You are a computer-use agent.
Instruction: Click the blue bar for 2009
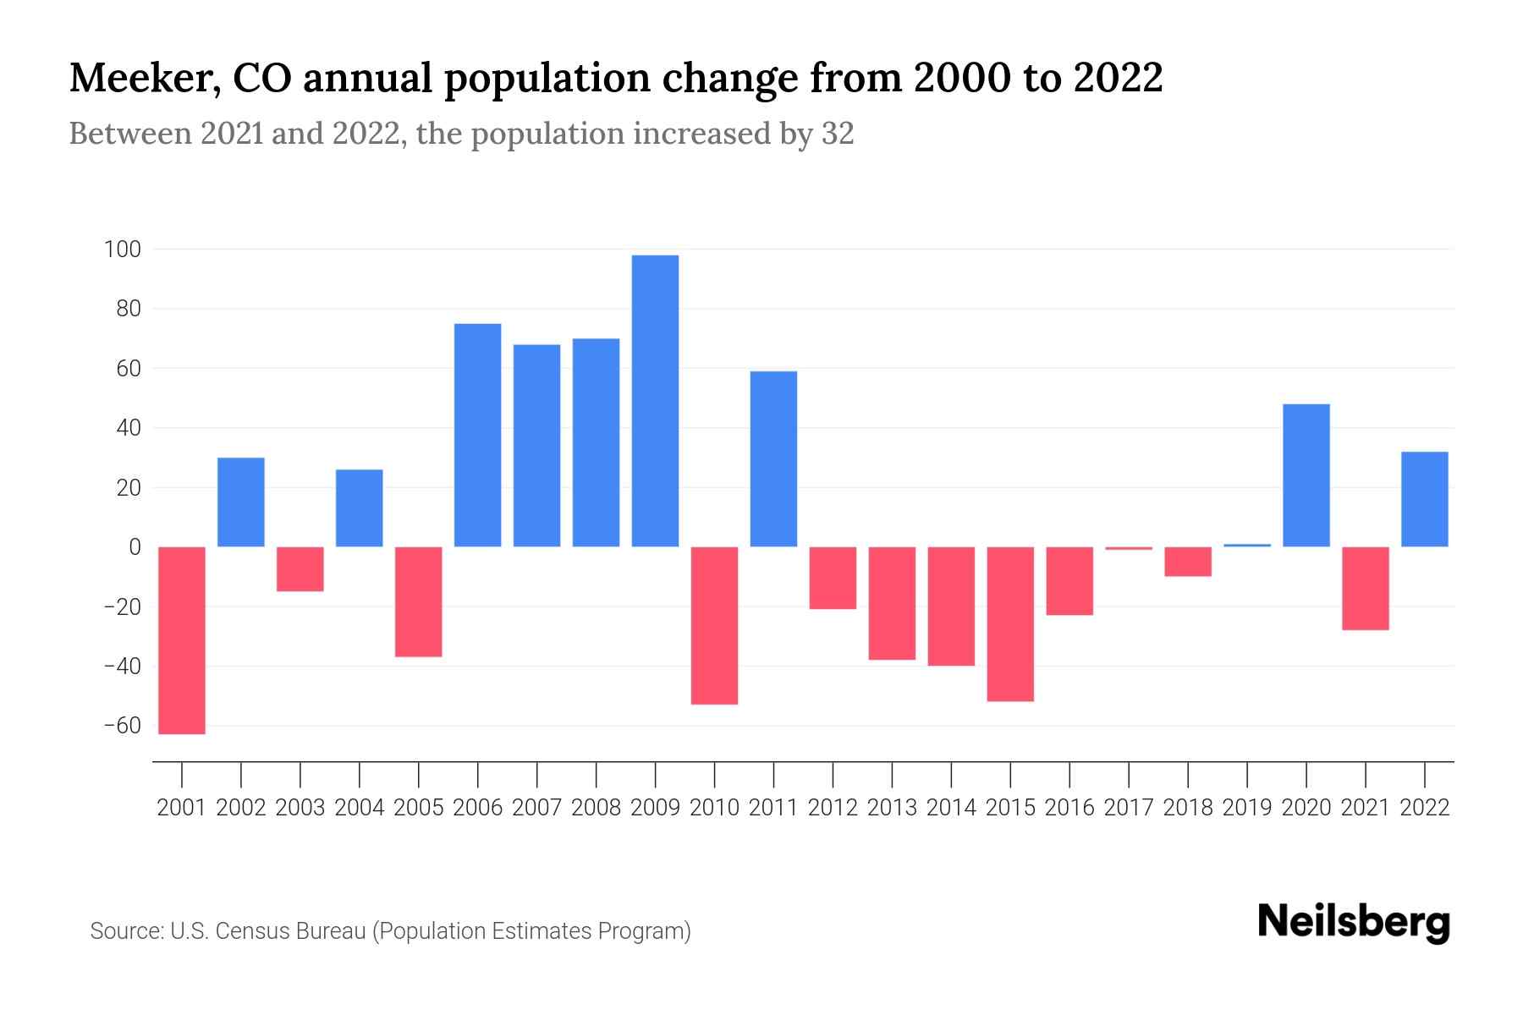(x=655, y=401)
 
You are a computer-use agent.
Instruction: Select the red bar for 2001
(x=182, y=640)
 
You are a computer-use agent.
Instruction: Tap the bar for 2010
(x=714, y=625)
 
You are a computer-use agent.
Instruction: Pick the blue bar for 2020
(x=1306, y=475)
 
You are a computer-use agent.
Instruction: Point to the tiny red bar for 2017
(x=1129, y=548)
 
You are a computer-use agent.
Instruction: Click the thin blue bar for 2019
(x=1246, y=546)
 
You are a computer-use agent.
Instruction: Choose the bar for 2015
(x=1010, y=624)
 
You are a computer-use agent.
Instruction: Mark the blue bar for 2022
(x=1424, y=499)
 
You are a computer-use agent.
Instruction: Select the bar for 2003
(x=300, y=569)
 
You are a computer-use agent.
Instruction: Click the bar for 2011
(x=773, y=459)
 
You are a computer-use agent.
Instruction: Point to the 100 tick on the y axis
(x=122, y=250)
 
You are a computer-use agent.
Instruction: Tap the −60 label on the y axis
(x=122, y=726)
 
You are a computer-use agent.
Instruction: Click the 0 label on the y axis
(x=134, y=547)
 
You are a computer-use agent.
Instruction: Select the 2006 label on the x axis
(x=477, y=808)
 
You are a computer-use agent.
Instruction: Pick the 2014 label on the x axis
(x=951, y=808)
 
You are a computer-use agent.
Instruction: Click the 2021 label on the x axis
(x=1365, y=808)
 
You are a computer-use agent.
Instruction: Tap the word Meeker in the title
(x=140, y=78)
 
